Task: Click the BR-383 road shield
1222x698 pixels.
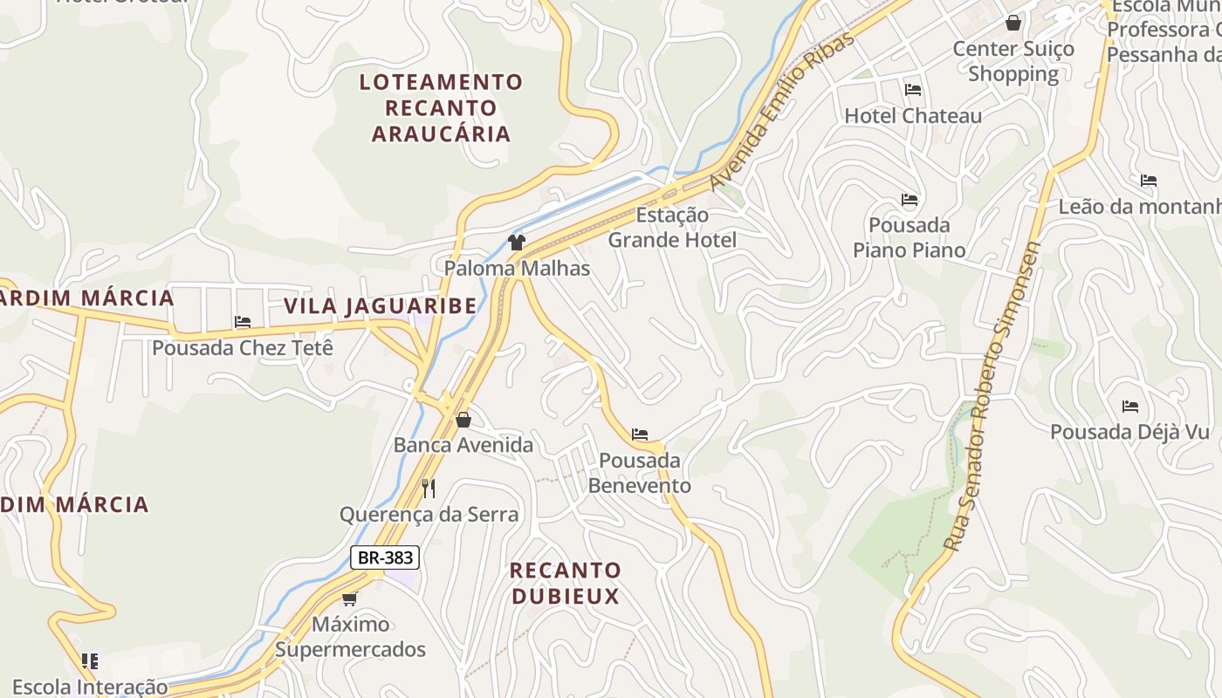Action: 385,558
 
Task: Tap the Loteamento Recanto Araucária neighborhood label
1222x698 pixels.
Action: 441,108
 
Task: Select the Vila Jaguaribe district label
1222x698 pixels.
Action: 381,306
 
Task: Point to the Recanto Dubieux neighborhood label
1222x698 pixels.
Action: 565,583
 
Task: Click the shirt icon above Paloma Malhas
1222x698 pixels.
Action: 517,242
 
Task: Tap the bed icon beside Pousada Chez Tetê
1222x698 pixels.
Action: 243,322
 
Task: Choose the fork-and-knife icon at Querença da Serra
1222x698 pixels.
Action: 429,488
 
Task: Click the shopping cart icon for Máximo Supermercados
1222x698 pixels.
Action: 350,599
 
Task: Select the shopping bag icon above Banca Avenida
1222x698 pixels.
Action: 463,420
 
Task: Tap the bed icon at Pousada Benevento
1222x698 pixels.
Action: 640,435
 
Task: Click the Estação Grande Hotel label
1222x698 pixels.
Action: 672,227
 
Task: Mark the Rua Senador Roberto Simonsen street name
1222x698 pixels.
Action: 992,397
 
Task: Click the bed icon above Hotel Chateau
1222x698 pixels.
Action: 913,90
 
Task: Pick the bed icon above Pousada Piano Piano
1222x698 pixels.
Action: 910,200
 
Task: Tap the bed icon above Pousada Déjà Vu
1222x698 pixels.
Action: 1130,407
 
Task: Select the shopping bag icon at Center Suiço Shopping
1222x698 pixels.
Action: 1013,23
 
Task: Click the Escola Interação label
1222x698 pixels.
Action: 90,687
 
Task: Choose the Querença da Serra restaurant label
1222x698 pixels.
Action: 429,514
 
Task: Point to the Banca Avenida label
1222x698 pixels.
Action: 463,445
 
